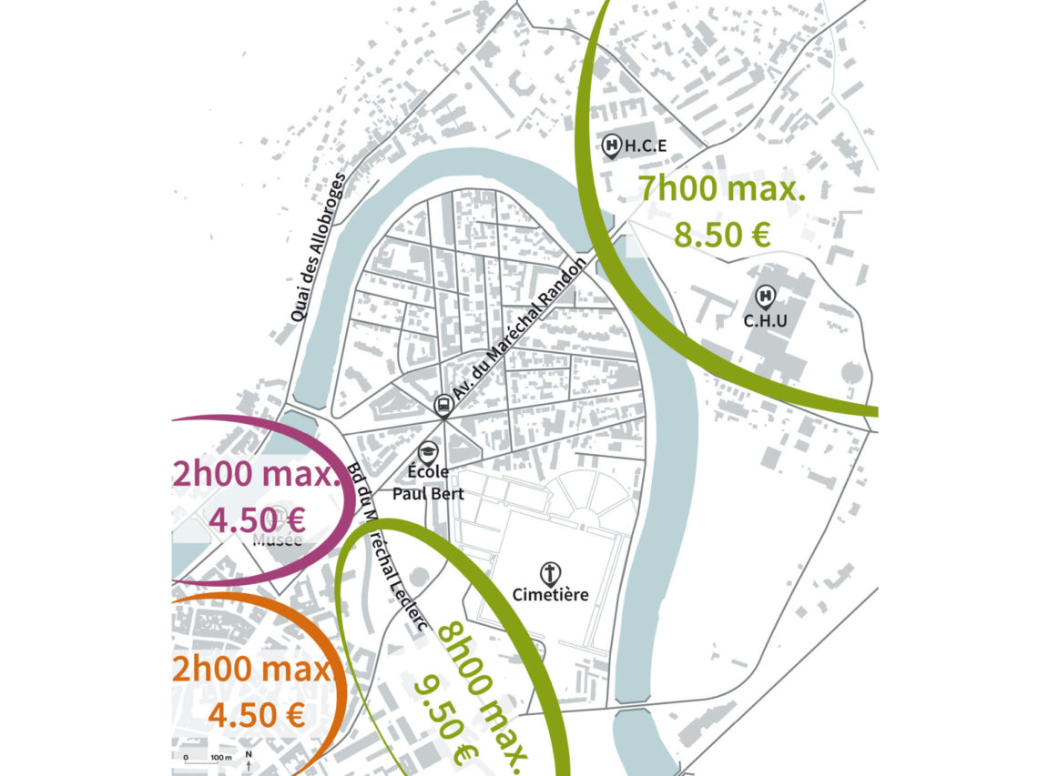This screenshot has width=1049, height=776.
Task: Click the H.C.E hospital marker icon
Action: (613, 145)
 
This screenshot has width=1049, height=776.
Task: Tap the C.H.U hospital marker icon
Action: (765, 296)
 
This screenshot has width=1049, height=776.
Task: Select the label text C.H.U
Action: (765, 320)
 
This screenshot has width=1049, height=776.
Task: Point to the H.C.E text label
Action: (647, 146)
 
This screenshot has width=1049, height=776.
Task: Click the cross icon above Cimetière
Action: (549, 573)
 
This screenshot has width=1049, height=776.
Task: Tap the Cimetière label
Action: (550, 595)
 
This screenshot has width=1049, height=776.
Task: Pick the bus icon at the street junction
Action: (443, 404)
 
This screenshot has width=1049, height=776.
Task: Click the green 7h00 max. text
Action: (722, 190)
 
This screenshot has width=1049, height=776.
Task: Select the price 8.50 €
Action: (722, 234)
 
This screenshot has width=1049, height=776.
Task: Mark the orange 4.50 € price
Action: (256, 715)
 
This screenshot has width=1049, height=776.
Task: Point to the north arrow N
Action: (249, 759)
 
